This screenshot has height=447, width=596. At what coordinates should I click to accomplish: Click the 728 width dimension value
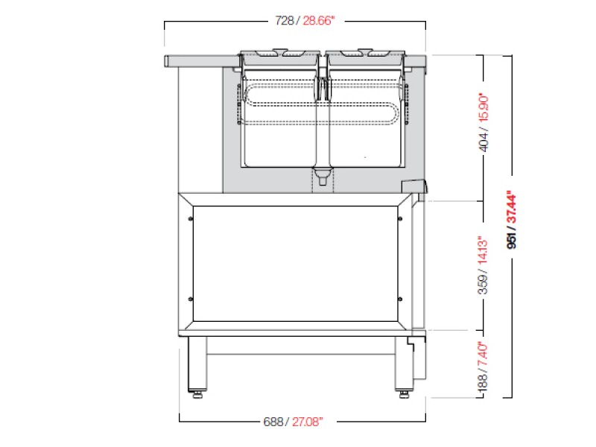point(285,21)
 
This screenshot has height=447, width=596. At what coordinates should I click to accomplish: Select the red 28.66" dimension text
point(319,21)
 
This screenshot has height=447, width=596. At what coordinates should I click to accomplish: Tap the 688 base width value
point(273,422)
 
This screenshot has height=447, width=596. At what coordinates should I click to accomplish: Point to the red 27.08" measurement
point(308,422)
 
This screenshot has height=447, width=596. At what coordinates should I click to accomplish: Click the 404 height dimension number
point(484,139)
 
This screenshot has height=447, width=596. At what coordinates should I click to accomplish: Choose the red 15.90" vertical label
point(484,107)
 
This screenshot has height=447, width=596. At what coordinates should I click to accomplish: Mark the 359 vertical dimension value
point(483,284)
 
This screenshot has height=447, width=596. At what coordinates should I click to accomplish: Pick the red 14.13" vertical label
point(483,251)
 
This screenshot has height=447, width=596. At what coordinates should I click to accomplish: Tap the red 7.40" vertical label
point(482,355)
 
